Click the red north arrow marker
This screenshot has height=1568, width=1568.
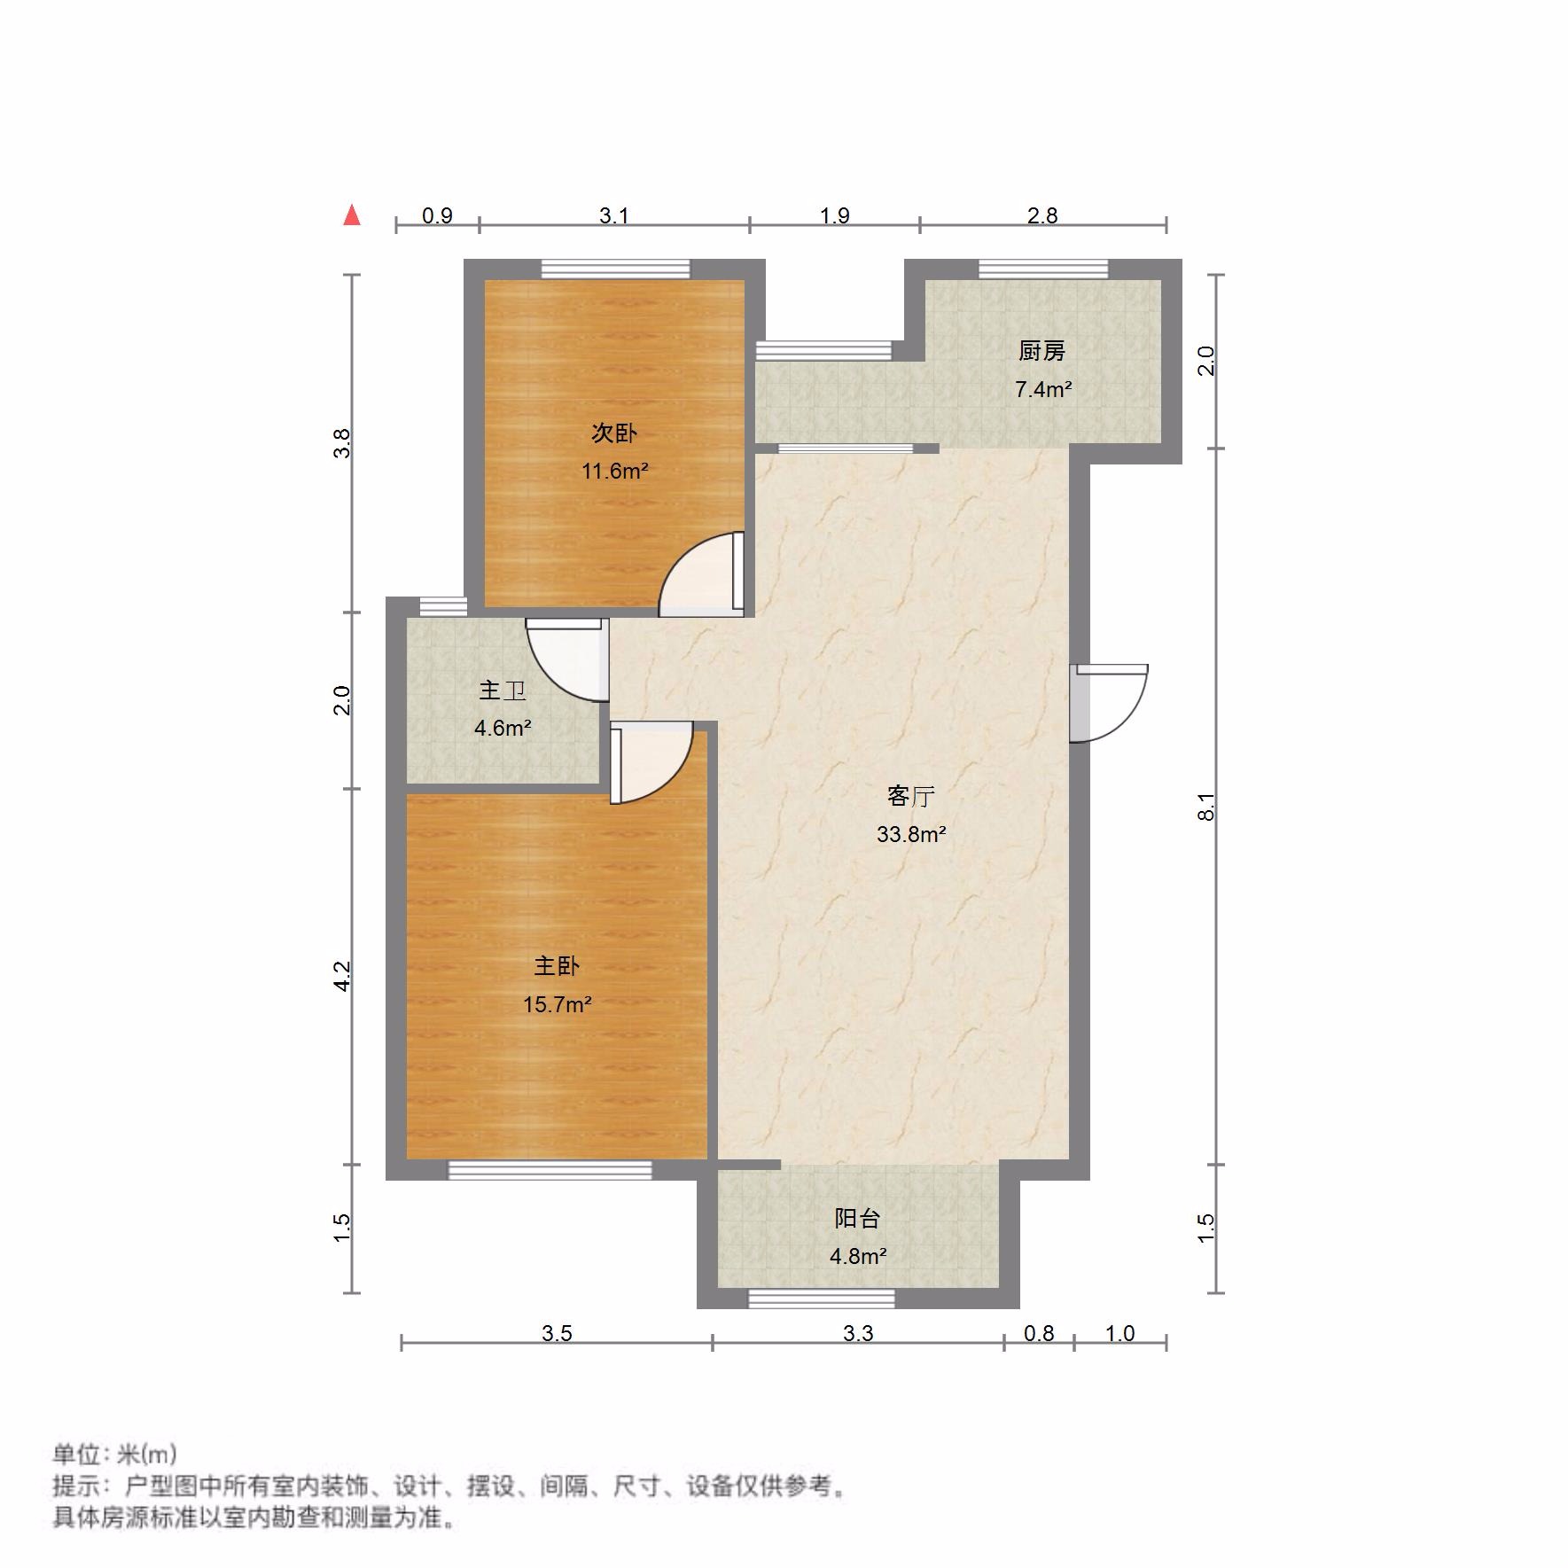(x=352, y=215)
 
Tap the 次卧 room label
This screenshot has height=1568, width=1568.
(x=613, y=433)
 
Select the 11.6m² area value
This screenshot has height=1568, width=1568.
(x=614, y=471)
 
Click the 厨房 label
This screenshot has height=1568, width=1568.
(x=1041, y=351)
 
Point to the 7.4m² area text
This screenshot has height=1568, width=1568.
(x=1043, y=389)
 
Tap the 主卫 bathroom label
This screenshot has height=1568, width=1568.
(x=503, y=690)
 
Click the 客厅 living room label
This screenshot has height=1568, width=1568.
(x=910, y=796)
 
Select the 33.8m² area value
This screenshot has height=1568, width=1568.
(x=911, y=834)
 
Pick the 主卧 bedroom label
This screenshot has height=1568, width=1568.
(x=556, y=966)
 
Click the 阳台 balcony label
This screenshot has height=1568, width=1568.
(x=857, y=1218)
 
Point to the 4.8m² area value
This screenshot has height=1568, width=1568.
(x=858, y=1256)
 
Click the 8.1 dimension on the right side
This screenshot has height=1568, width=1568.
(x=1205, y=807)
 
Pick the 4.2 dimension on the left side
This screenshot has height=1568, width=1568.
(x=342, y=977)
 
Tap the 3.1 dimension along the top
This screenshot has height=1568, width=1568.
(x=613, y=215)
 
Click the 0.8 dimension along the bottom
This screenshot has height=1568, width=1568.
(x=1039, y=1333)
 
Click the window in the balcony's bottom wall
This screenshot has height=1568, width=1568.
(x=821, y=1299)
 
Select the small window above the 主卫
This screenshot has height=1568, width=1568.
(x=442, y=606)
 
